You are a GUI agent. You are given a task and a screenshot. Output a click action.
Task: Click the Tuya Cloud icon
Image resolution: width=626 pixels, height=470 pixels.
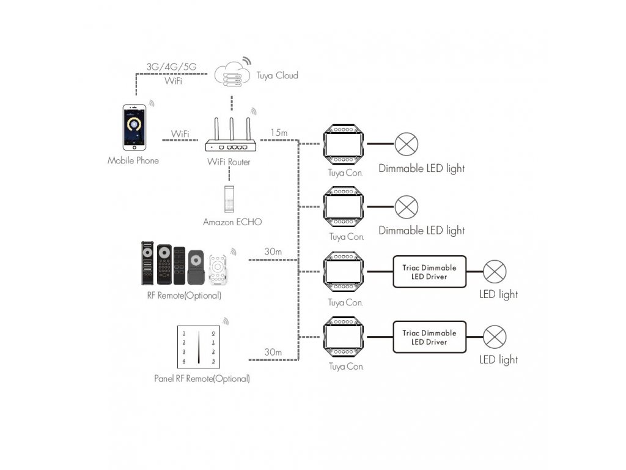pyautogui.click(x=232, y=75)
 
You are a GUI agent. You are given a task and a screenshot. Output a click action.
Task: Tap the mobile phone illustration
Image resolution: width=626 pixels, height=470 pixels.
pyautogui.click(x=134, y=127)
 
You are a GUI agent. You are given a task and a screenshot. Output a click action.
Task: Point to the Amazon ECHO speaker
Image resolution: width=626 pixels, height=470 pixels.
pyautogui.click(x=229, y=199)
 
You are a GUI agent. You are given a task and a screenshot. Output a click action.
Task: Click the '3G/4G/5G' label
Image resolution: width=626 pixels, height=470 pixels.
pyautogui.click(x=171, y=67)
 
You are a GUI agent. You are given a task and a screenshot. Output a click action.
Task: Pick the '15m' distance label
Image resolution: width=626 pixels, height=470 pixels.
pyautogui.click(x=279, y=133)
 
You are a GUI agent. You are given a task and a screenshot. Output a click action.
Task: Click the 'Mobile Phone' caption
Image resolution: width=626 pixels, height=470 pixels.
pyautogui.click(x=133, y=161)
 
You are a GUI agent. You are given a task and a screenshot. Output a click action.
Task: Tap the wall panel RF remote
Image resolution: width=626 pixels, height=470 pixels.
pyautogui.click(x=199, y=347)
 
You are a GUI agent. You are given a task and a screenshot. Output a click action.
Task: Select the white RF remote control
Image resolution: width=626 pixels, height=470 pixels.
pyautogui.click(x=218, y=269)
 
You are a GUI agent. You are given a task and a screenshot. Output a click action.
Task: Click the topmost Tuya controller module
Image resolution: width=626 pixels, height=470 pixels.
pyautogui.click(x=344, y=144)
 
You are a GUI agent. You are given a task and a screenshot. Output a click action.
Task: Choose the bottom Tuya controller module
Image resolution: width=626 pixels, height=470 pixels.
pyautogui.click(x=344, y=337)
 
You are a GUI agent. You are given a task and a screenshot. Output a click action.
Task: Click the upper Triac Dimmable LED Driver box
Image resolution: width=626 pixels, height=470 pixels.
pyautogui.click(x=429, y=272)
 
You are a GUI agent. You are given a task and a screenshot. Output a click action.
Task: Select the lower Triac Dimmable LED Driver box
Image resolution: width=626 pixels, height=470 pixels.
pyautogui.click(x=429, y=337)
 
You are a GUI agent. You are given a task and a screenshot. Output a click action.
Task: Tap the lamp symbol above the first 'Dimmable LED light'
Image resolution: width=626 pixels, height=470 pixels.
pyautogui.click(x=407, y=144)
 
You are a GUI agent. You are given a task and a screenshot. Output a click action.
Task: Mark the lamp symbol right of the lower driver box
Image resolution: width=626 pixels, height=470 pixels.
pyautogui.click(x=495, y=337)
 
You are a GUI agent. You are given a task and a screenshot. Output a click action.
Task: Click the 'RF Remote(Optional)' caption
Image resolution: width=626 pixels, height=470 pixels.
pyautogui.click(x=184, y=296)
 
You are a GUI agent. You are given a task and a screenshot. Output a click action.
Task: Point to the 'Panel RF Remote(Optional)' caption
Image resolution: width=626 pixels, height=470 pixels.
pyautogui.click(x=202, y=378)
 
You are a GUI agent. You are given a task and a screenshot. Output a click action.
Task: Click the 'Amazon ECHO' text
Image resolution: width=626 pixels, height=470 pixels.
pyautogui.click(x=232, y=222)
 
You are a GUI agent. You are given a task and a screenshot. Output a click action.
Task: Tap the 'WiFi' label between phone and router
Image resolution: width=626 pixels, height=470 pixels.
pyautogui.click(x=180, y=134)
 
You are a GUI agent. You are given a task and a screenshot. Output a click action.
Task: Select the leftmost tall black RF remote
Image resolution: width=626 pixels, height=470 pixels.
pyautogui.click(x=147, y=263)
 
